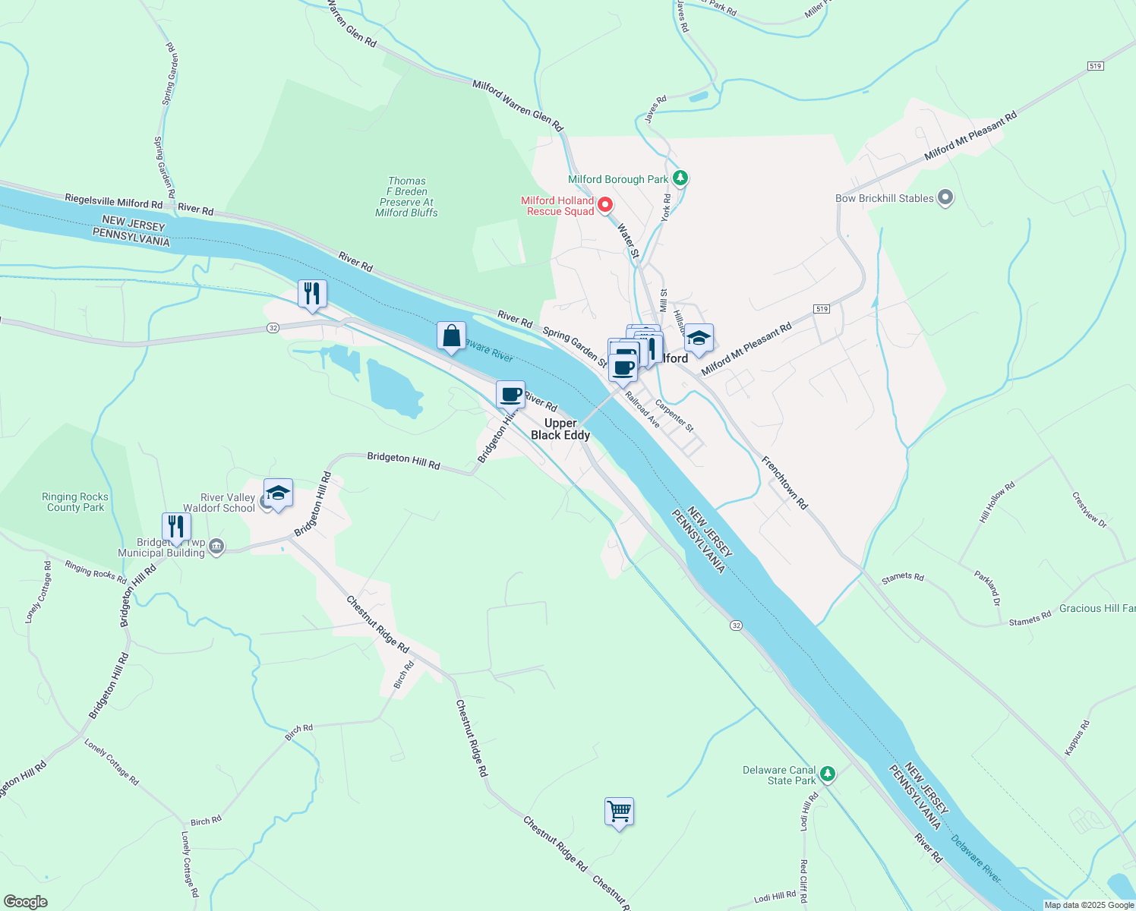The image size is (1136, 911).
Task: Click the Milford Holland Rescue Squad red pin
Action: point(605,204)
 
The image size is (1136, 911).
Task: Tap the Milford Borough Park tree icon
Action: point(681,178)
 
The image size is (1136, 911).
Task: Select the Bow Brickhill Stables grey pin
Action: point(945,198)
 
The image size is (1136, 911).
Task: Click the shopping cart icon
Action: point(619,812)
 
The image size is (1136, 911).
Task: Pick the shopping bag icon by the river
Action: point(451,336)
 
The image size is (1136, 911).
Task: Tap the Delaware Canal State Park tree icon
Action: point(828,774)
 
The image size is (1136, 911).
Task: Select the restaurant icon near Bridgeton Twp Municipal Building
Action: point(175,526)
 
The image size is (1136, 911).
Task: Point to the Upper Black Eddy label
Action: point(560,429)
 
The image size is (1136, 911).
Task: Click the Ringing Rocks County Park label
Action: point(75,502)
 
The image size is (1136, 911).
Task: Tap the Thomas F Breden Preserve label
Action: point(407,197)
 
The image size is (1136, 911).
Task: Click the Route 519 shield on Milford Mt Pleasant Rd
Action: point(820,309)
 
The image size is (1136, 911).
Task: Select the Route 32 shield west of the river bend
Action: point(273,327)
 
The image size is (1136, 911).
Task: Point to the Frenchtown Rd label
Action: point(784,482)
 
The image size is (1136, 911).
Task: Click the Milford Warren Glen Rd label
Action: point(517,106)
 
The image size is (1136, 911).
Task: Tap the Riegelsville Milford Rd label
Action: point(114,202)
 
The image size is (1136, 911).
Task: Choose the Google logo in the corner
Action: point(26,901)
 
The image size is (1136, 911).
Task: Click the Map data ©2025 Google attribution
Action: point(1089,905)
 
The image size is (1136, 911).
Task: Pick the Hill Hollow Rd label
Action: point(997,503)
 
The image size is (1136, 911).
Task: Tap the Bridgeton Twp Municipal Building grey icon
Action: point(216,547)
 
